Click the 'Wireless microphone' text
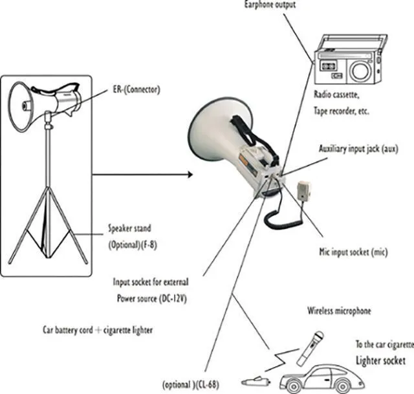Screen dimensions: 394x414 340,311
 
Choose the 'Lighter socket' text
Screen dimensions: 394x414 381,360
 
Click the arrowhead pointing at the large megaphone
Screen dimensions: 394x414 189,174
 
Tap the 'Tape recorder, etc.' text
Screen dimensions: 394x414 342,111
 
